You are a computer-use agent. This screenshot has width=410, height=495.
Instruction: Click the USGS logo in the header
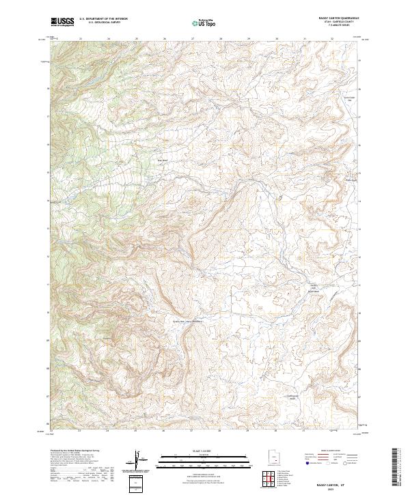62,22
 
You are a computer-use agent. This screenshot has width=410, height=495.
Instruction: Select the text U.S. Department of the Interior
103,19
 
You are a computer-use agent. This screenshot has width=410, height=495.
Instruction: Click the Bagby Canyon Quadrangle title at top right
337,18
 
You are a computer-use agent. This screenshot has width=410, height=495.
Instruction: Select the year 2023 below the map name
331,487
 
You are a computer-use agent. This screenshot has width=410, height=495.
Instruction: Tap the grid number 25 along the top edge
136,39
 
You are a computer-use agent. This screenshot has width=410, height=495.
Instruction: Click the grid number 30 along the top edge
276,39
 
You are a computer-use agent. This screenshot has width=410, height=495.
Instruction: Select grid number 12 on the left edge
47,256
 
